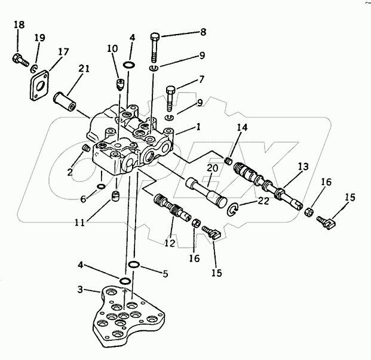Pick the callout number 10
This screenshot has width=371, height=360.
(x=113, y=48)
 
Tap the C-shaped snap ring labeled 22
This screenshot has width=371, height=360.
(x=235, y=208)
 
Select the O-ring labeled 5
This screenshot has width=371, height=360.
(x=134, y=266)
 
